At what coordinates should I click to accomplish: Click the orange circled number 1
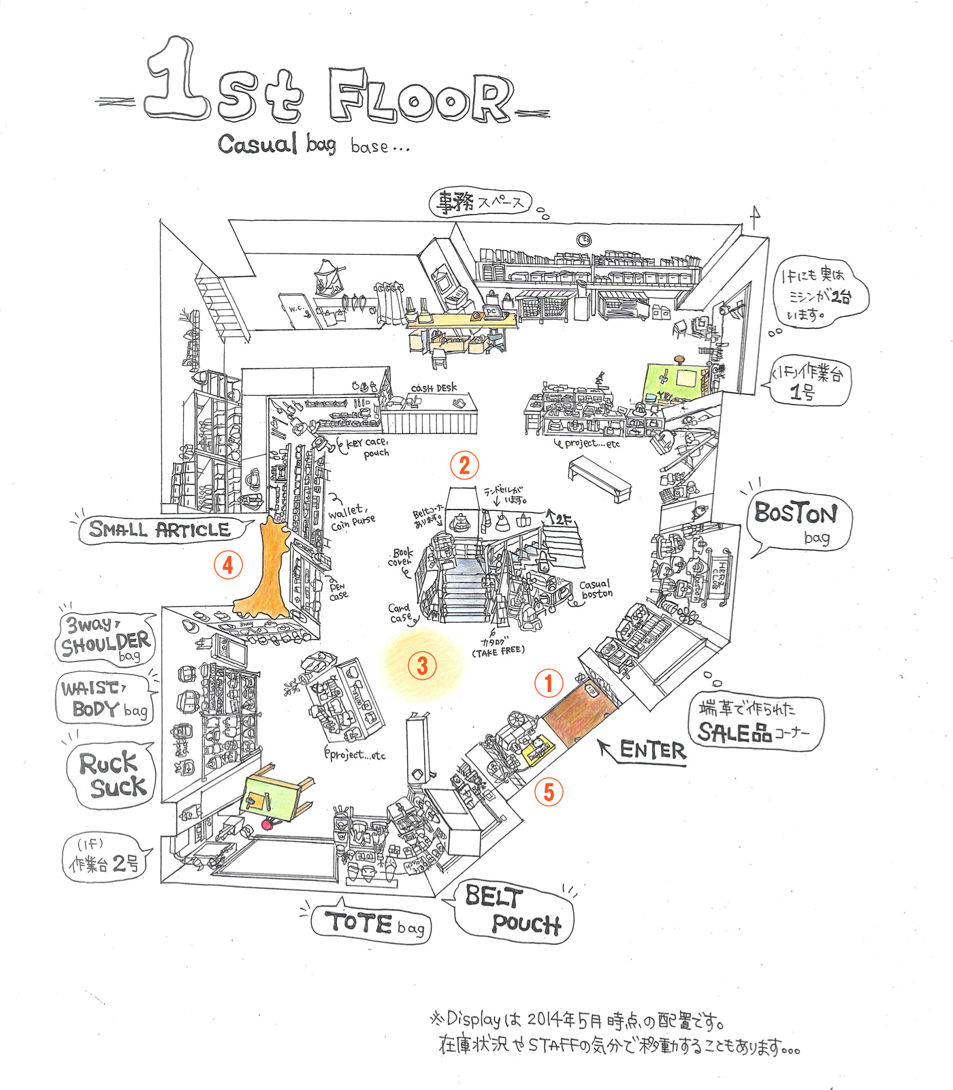tap(549, 683)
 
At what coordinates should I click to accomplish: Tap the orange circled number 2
tap(464, 465)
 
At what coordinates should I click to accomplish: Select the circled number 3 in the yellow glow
tap(422, 666)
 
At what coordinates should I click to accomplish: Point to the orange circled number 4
tap(228, 565)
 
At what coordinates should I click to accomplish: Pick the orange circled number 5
tap(549, 792)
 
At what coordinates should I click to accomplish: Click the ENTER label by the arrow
tap(652, 751)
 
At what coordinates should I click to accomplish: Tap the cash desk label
tap(434, 388)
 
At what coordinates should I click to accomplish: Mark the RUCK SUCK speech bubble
tap(112, 775)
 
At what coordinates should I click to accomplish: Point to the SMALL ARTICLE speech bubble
tap(161, 530)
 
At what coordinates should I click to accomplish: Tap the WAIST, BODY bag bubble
tap(105, 700)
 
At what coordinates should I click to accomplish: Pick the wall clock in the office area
tap(584, 240)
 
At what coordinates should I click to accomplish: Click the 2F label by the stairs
tap(561, 520)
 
